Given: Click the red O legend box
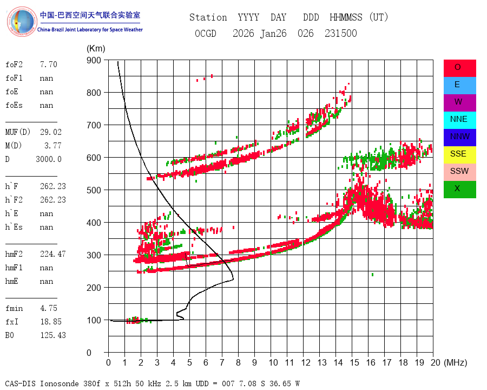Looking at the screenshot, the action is point(459,68).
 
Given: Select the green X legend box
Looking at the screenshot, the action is point(459,190).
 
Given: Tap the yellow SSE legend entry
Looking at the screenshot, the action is point(459,154).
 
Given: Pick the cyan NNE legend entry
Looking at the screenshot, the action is point(459,120).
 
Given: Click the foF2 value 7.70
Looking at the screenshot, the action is point(49,64).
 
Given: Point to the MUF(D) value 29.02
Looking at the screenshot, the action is point(51,132).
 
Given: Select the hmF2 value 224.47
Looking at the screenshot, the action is point(53,254).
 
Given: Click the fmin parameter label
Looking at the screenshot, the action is point(14,308).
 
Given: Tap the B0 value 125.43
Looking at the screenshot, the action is point(53,335).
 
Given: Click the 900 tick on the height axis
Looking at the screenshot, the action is point(94,60).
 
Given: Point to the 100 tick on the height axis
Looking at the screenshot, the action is point(94,320).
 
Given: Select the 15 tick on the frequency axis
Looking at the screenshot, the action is point(354,362).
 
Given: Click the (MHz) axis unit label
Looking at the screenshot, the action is point(456,362).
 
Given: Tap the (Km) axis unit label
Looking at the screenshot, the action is point(96,49).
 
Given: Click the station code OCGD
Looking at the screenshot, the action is point(205,33).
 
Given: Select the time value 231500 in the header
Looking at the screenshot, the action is point(341,33).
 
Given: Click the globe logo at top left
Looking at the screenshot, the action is point(22,22).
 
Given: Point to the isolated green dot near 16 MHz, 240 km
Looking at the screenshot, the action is point(372,275).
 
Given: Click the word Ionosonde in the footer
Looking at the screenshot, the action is point(60,383).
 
